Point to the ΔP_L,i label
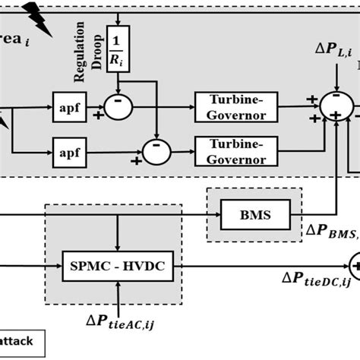[333, 49]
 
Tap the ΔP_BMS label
[331, 230]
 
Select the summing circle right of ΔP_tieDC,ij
[355, 265]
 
